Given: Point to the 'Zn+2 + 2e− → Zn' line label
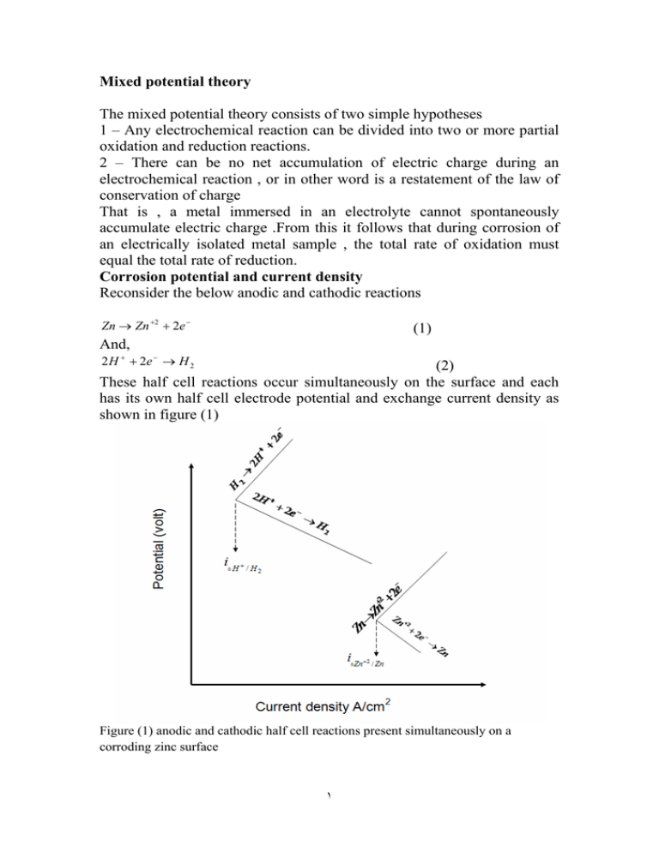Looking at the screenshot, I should [420, 635].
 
